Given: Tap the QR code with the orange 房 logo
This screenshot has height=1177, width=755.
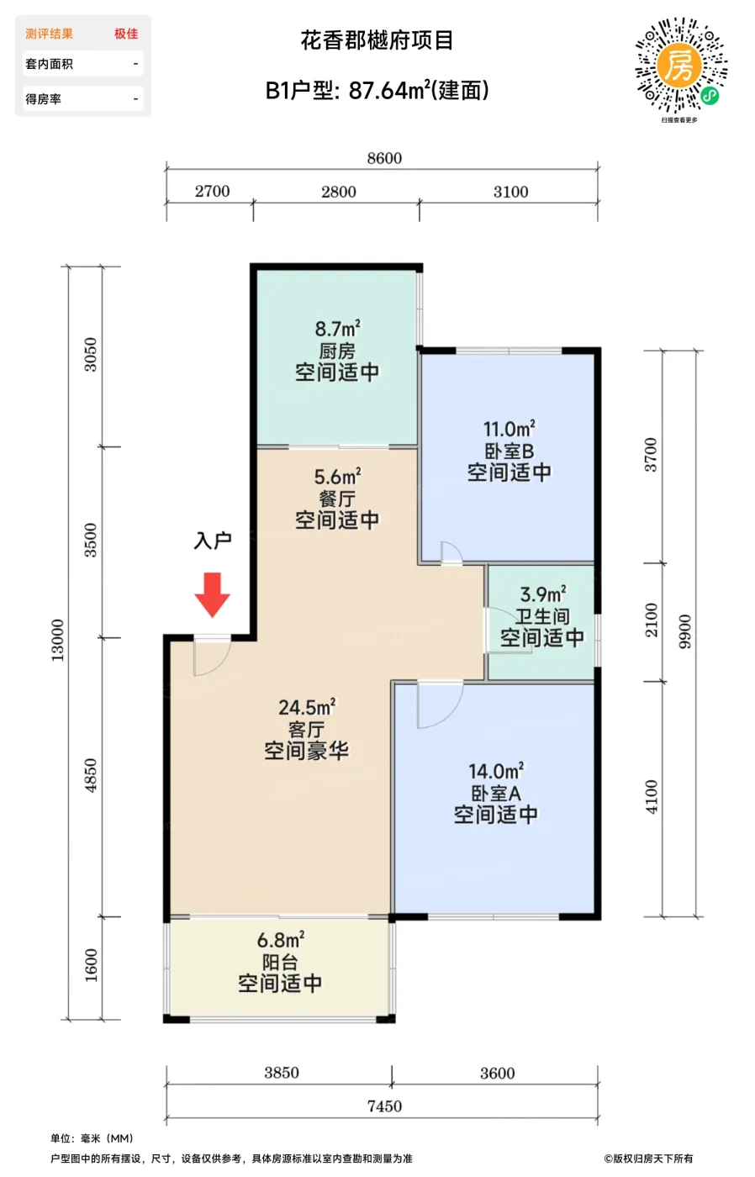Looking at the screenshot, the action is (x=680, y=66).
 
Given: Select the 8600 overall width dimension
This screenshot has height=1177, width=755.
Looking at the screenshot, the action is (x=384, y=158).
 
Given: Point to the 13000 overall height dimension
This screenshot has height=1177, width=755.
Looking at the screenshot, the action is (x=57, y=640).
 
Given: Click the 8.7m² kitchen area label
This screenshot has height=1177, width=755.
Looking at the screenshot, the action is (x=338, y=329).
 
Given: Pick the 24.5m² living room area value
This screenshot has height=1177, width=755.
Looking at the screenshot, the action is (x=307, y=707).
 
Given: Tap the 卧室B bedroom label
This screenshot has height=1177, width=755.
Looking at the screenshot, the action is (x=509, y=451).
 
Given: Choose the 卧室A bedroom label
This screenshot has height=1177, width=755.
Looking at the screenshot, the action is (x=495, y=793).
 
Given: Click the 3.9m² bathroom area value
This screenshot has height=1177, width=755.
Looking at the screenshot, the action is (x=543, y=594).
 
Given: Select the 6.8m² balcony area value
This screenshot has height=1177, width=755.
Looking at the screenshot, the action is (x=281, y=940).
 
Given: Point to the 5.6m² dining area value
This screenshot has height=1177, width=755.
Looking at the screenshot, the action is (x=337, y=477).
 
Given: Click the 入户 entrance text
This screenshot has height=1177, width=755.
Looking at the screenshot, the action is (x=212, y=540).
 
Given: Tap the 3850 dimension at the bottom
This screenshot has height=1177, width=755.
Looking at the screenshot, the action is (x=281, y=1073).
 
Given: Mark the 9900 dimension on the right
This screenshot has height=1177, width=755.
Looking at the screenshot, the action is (x=684, y=631).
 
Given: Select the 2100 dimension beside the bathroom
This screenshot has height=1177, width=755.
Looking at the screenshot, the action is (x=651, y=620).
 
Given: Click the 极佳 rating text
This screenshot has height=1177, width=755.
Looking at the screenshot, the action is (x=126, y=34).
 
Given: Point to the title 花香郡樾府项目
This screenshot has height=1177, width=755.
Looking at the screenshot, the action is (x=377, y=40).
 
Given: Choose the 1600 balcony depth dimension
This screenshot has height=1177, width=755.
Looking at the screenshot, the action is (x=91, y=965).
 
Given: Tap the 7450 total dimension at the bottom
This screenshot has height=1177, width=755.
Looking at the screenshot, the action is (x=384, y=1106).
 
